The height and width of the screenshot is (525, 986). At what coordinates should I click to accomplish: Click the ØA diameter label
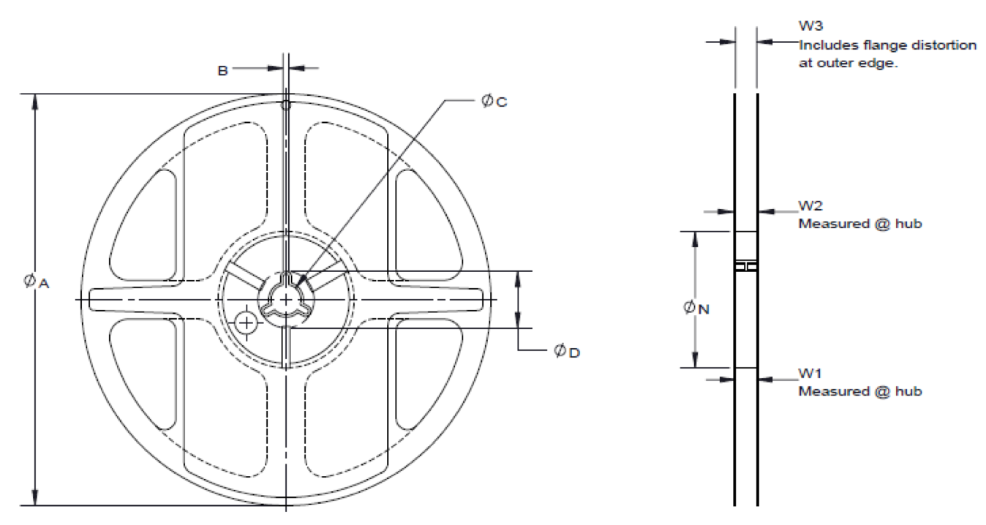[35, 282]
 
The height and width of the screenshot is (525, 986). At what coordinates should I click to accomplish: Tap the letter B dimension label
[222, 70]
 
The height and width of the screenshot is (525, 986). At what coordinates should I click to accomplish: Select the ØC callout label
[494, 102]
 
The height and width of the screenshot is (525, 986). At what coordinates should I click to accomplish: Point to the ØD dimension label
[567, 352]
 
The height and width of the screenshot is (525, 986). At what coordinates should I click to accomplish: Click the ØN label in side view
[696, 309]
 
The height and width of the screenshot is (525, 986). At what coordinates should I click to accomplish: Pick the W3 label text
[810, 27]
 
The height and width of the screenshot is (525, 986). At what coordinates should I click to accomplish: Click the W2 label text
[810, 207]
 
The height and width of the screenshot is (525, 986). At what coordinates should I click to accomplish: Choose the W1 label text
[810, 374]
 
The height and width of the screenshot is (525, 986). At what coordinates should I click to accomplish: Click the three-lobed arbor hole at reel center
[285, 299]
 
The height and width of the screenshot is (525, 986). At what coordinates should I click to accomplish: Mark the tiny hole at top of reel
[286, 105]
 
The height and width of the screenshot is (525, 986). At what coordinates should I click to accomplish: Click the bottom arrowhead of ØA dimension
[34, 498]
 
